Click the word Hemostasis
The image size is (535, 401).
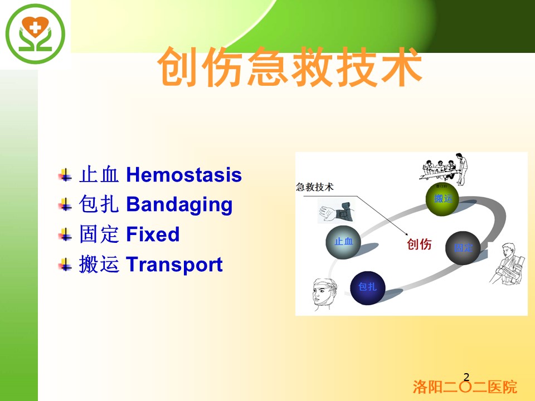[184, 174]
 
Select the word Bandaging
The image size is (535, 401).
[179, 204]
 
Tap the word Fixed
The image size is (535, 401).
[153, 234]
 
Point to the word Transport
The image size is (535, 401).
[174, 265]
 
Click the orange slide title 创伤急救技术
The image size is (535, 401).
[290, 67]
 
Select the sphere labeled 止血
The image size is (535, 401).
[343, 242]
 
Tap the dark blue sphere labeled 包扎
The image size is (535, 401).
[368, 288]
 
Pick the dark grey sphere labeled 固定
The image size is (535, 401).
[463, 248]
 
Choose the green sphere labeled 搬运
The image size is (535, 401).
[442, 199]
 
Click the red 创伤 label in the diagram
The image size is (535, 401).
[419, 244]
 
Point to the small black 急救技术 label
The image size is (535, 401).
[314, 187]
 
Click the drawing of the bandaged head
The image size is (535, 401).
[325, 294]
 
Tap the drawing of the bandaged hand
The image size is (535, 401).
[335, 211]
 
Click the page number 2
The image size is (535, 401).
[466, 377]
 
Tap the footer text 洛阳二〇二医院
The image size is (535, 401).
[465, 387]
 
